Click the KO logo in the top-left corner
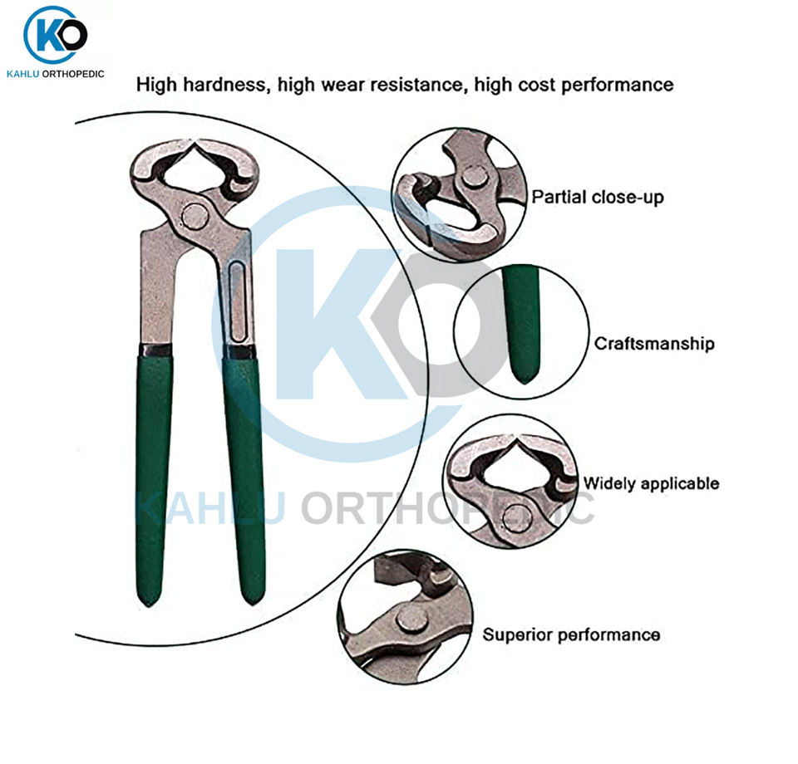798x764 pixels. tap(56, 35)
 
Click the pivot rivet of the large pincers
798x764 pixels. tap(195, 217)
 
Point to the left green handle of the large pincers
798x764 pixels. tap(154, 473)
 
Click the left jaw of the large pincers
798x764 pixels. tap(154, 166)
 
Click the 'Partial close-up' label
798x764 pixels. tap(598, 198)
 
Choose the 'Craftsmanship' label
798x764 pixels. tap(654, 344)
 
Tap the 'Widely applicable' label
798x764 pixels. tap(651, 483)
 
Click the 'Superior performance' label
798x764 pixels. tap(571, 635)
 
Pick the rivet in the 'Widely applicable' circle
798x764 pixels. tap(515, 516)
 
